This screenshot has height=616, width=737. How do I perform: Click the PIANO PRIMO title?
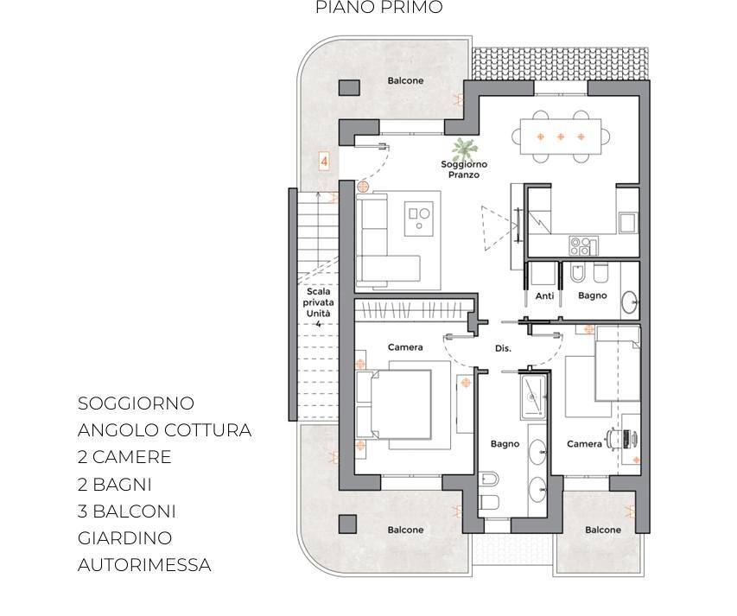click(x=378, y=8)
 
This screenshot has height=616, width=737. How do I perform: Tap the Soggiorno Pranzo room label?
click(x=464, y=169)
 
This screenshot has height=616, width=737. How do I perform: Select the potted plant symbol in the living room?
click(x=463, y=148)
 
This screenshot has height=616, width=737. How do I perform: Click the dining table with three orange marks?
click(x=561, y=137)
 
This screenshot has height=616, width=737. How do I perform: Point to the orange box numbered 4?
click(x=324, y=161)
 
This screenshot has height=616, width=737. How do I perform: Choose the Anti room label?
click(x=544, y=295)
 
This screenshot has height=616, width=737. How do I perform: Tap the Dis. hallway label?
click(x=503, y=348)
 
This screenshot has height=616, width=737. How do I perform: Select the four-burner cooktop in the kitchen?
click(x=582, y=246)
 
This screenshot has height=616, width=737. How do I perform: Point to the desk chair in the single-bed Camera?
click(x=616, y=438)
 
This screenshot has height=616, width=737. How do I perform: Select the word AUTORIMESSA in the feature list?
click(x=144, y=565)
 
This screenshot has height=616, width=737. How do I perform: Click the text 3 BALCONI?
click(x=127, y=511)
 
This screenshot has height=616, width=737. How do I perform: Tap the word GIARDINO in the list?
click(x=124, y=538)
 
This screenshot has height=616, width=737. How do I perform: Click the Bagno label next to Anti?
click(x=592, y=295)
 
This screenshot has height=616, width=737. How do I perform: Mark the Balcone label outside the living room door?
click(x=405, y=80)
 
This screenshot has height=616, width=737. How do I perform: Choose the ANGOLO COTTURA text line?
click(x=164, y=430)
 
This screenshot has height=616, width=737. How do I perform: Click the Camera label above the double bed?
click(x=405, y=347)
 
